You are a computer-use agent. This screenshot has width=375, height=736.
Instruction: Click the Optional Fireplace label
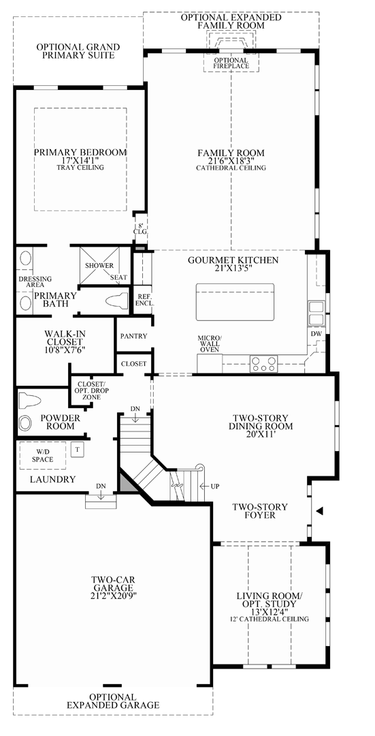pos(231,64)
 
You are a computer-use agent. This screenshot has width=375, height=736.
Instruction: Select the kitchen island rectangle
pos(235,302)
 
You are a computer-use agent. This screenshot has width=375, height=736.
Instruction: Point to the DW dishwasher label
pos(315,335)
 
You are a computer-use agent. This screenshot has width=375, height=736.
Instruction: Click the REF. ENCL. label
pos(144,301)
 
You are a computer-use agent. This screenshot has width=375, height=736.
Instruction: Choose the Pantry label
pos(133,336)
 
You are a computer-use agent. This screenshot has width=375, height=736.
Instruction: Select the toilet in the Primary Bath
pos(118,300)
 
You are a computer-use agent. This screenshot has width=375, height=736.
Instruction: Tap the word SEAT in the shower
pos(118,277)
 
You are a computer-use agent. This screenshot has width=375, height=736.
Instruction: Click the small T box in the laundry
pos(77,450)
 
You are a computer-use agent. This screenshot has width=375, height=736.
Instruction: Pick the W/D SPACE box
pos(41,455)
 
